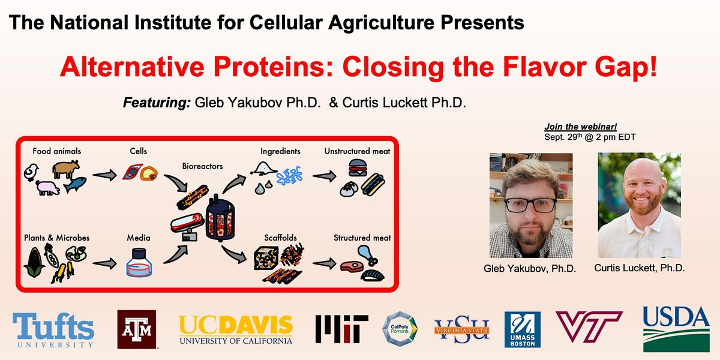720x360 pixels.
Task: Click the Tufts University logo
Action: click(53, 331)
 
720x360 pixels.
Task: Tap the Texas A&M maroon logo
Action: click(137, 329)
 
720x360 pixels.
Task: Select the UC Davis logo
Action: click(236, 329)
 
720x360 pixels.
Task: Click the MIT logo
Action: click(341, 329)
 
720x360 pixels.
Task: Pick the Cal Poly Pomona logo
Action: click(400, 329)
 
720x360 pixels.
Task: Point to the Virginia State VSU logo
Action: click(462, 329)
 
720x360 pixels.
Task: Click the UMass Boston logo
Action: click(523, 329)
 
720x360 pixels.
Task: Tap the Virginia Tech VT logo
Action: click(589, 327)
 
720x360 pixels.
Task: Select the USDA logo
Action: click(676, 328)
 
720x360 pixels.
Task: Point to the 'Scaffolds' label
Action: click(280, 238)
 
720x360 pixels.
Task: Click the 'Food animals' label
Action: click(57, 151)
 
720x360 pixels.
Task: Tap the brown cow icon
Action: click(65, 170)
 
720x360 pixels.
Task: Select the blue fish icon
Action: click(76, 185)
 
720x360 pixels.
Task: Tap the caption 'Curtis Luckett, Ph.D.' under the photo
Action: click(640, 268)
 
